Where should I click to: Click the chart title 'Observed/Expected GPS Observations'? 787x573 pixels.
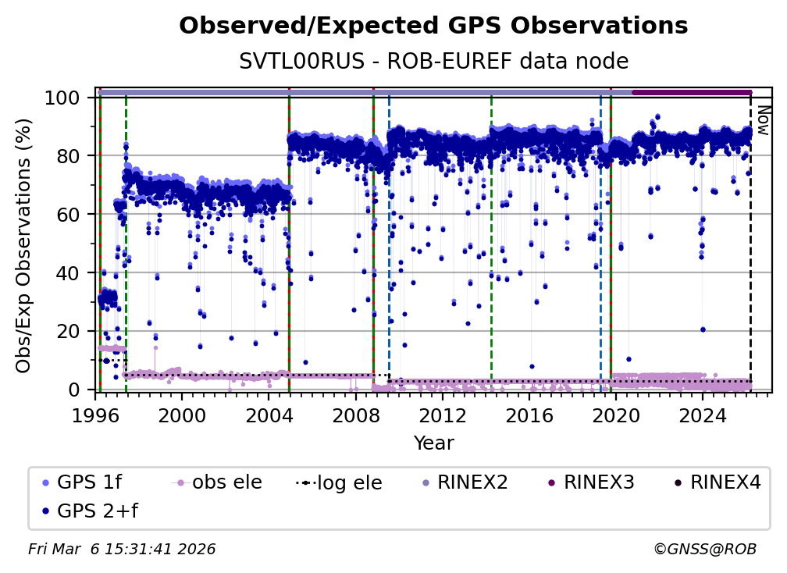[x=433, y=27]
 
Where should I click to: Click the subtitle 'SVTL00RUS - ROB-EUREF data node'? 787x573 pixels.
[x=433, y=61]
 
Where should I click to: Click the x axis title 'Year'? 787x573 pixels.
[x=433, y=443]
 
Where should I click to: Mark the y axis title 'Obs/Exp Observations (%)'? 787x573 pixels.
[x=25, y=245]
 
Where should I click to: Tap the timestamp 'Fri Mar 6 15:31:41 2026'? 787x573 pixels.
[x=122, y=550]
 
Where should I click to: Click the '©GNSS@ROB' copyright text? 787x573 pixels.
[x=704, y=550]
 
